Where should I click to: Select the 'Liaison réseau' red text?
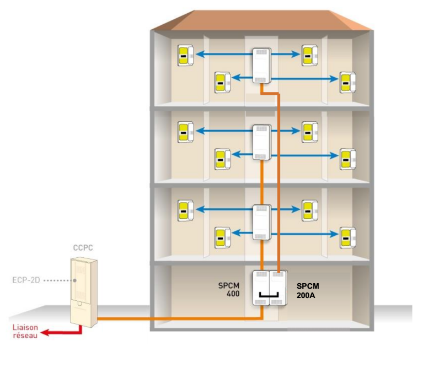tap(25, 331)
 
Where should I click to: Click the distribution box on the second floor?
tap(261, 142)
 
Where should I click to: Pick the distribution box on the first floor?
tap(261, 221)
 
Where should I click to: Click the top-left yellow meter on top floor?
tap(184, 55)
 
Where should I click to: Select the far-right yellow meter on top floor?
tap(347, 82)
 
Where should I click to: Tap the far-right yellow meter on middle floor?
tap(347, 158)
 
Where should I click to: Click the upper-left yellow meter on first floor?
tap(184, 210)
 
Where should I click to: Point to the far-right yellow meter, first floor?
tap(347, 237)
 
